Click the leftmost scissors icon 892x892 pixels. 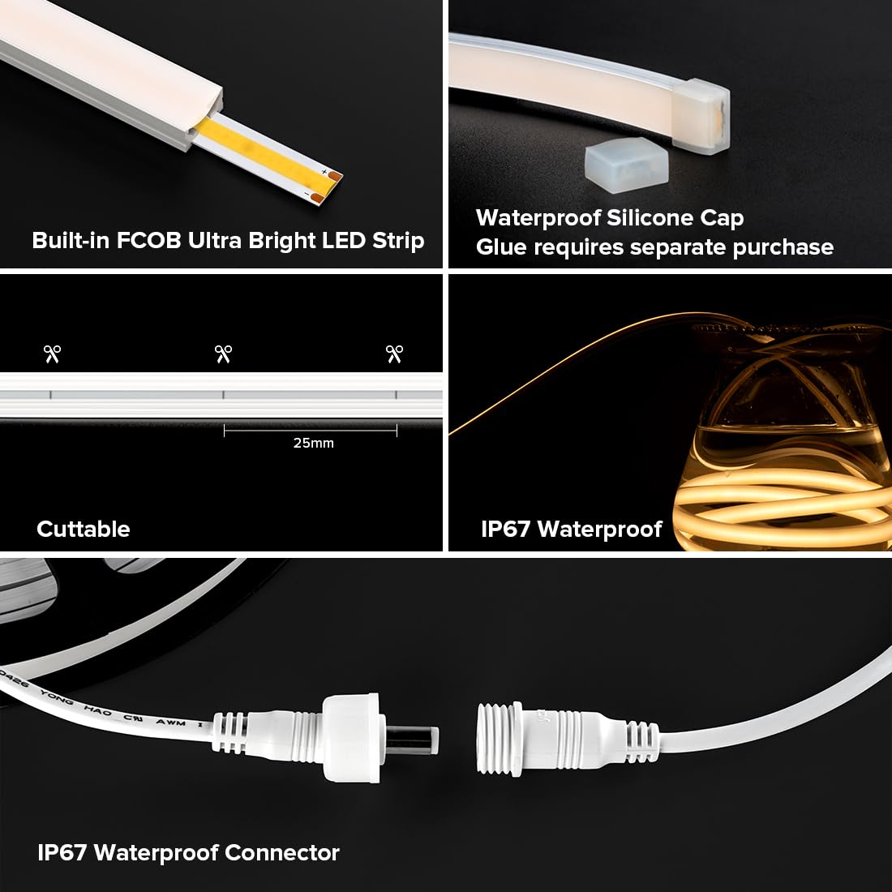(x=53, y=354)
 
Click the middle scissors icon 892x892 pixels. (x=223, y=354)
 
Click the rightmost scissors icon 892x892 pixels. (x=394, y=354)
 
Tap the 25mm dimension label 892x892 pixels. (x=313, y=443)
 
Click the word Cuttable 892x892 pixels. (x=83, y=529)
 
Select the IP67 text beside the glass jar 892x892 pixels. (x=505, y=529)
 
